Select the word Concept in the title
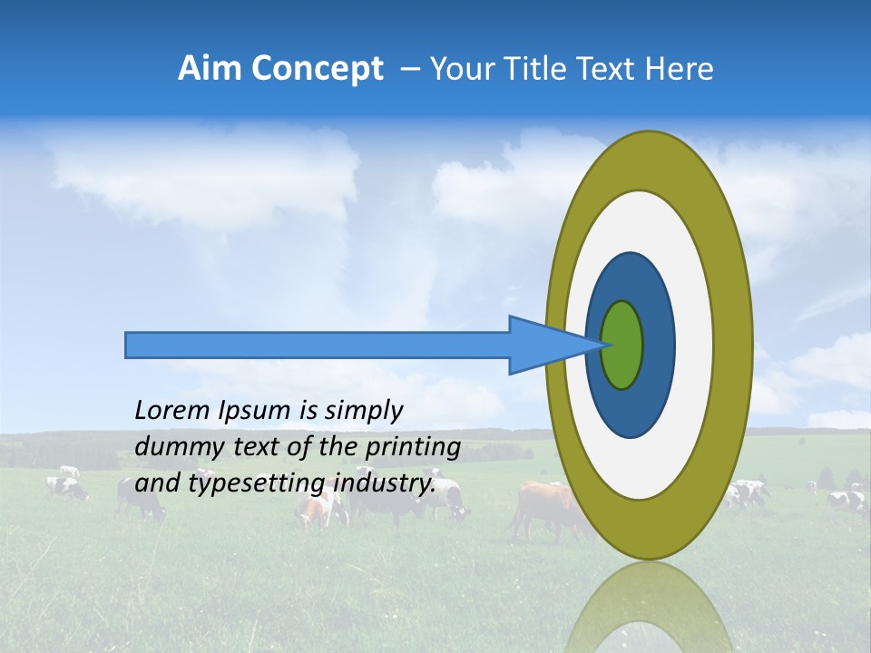pyautogui.click(x=316, y=69)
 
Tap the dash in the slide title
pyautogui.click(x=409, y=69)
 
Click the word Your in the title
pyautogui.click(x=462, y=69)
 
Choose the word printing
pyautogui.click(x=412, y=448)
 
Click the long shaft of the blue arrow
pyautogui.click(x=318, y=345)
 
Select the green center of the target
pyautogui.click(x=621, y=345)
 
